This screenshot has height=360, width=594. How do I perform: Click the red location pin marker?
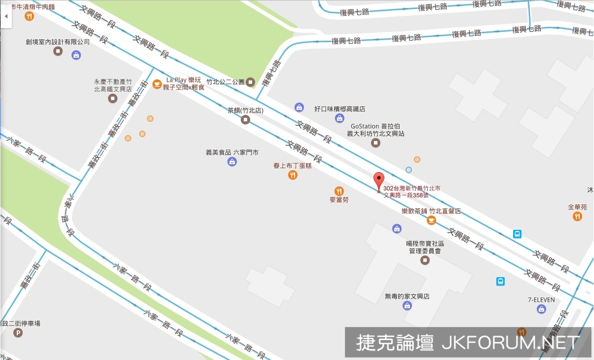(378, 181)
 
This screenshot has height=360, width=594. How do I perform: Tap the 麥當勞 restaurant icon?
(339, 191)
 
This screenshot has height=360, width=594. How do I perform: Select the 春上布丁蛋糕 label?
(293, 166)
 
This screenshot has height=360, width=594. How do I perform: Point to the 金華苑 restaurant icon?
(577, 216)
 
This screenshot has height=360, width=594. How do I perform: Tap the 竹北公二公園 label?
(225, 82)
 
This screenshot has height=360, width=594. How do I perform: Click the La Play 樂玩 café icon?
(157, 84)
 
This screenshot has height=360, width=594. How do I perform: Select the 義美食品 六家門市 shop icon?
(232, 162)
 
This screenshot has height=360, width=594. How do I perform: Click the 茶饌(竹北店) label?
(245, 111)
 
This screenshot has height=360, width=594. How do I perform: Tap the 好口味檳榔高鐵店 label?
(340, 109)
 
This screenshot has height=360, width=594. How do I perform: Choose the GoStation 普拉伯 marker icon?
(375, 143)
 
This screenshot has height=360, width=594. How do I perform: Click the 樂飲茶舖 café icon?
(431, 220)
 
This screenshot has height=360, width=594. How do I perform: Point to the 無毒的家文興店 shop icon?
(407, 306)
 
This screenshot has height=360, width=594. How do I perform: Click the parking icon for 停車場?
(19, 333)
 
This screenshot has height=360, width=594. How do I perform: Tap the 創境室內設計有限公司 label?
(58, 42)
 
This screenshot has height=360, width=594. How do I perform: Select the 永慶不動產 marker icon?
(113, 99)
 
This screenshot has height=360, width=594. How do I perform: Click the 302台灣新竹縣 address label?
(411, 191)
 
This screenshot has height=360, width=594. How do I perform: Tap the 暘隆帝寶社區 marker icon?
(425, 260)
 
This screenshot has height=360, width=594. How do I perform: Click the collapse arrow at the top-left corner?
(5, 16)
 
